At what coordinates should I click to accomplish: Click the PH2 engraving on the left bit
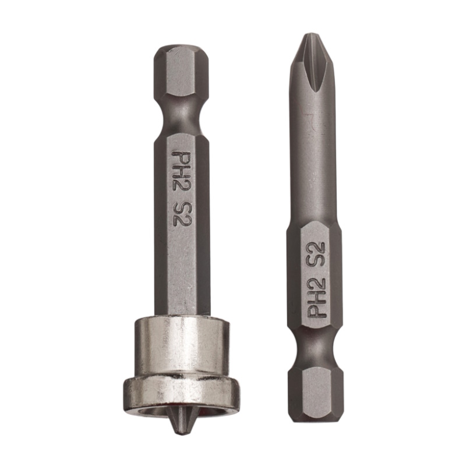[x=181, y=172]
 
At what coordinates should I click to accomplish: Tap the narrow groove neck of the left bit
[x=182, y=118]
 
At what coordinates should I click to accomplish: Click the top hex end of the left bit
[x=182, y=75]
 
